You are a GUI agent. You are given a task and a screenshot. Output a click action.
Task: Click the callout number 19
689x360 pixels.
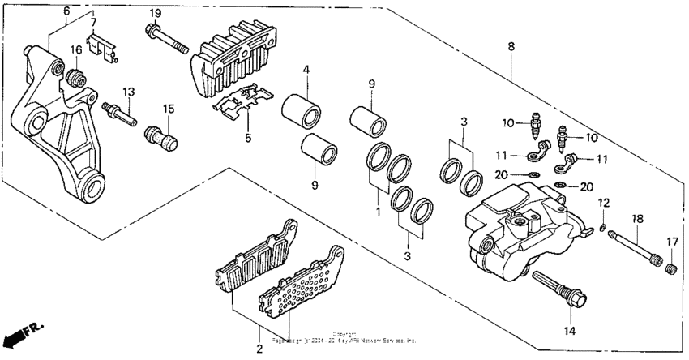155,13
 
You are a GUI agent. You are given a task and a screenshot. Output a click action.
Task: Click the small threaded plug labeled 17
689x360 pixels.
670,268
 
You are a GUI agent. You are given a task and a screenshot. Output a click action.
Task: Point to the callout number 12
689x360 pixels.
603,202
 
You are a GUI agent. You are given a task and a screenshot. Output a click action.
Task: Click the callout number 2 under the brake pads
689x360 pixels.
259,349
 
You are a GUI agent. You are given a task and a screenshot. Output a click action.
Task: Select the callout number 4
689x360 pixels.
307,71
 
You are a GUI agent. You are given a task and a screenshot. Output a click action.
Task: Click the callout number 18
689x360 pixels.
637,219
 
